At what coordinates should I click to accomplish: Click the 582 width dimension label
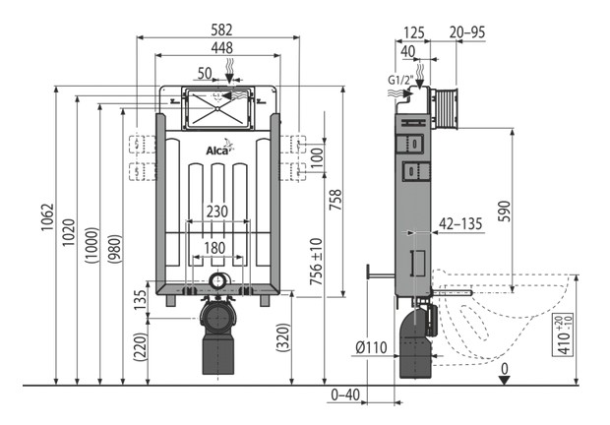(221, 30)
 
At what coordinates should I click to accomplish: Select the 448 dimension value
(221, 48)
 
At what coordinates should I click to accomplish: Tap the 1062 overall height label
(47, 217)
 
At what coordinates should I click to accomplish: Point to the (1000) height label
(91, 245)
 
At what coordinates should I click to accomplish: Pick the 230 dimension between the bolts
(217, 212)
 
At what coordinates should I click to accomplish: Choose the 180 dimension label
(214, 248)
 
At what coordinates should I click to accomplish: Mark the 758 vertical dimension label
(335, 200)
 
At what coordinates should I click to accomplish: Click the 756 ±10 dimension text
(317, 262)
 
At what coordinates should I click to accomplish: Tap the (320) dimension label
(283, 337)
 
